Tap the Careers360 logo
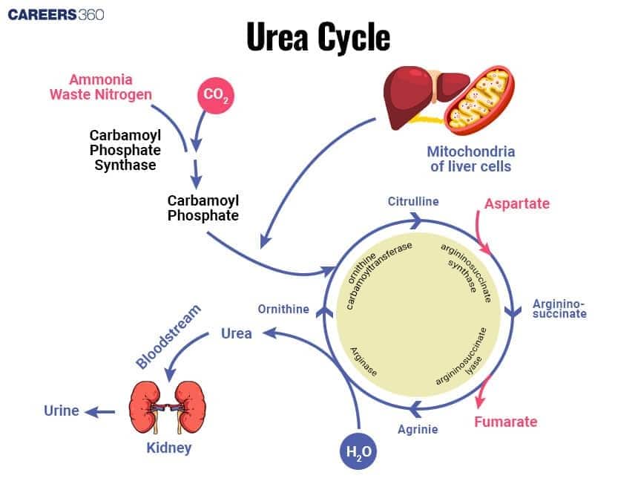(56, 15)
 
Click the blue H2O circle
(358, 451)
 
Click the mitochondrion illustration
(479, 100)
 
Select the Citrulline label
(413, 201)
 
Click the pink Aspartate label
(517, 203)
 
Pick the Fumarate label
(505, 422)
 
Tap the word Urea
(237, 333)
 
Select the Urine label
(61, 411)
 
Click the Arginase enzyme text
(364, 362)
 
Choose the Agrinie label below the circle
(418, 429)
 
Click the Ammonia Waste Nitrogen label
(101, 87)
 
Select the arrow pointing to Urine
(99, 411)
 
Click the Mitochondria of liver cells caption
(470, 159)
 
